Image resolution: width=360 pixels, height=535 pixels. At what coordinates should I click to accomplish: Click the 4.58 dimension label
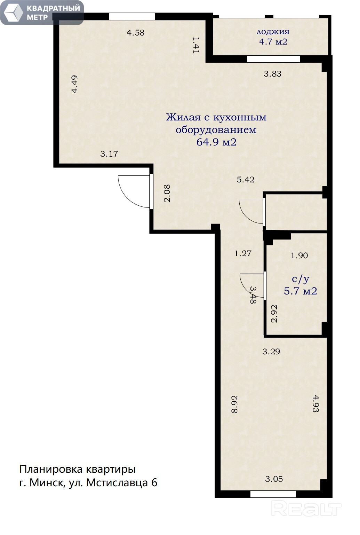pos(136,33)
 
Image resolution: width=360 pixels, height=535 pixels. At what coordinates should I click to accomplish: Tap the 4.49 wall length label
pos(74,84)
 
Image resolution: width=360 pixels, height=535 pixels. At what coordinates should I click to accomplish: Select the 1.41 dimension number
pos(196,45)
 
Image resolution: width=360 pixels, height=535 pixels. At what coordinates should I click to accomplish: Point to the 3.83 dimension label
pos(273,74)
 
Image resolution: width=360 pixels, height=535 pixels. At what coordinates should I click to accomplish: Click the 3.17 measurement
pos(109,154)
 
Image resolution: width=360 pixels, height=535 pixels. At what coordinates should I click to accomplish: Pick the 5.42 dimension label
pos(246,179)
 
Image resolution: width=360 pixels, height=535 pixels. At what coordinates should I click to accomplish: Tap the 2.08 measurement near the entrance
pos(167,194)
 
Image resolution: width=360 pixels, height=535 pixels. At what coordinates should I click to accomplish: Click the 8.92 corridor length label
pos(234,404)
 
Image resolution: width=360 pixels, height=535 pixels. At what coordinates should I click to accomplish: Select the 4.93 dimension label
pos(316,404)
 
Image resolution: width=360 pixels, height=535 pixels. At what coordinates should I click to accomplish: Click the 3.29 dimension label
pos(271,352)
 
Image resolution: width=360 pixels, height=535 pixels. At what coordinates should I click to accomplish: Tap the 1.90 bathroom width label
pos(299,255)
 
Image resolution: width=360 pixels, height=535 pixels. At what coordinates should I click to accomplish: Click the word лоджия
pos(273,32)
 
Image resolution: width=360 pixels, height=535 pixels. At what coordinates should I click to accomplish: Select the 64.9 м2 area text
pos(216,142)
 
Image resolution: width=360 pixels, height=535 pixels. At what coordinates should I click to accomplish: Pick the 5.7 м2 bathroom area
pos(301,291)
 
